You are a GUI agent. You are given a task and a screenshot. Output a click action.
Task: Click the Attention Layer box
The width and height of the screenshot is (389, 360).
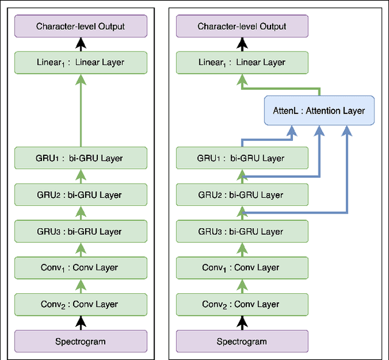pyautogui.click(x=319, y=110)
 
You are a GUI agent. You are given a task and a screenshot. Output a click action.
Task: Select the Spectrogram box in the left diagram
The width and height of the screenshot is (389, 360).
pyautogui.click(x=81, y=341)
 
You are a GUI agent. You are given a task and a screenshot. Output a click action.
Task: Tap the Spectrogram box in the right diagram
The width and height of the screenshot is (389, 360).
pyautogui.click(x=242, y=341)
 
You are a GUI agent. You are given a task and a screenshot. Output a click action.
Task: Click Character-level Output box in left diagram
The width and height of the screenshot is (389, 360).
pyautogui.click(x=81, y=27)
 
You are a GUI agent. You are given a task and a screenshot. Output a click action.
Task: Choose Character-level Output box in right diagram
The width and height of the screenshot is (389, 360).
pyautogui.click(x=242, y=27)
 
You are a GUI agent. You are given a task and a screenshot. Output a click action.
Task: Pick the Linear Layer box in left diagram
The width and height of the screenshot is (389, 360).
pyautogui.click(x=81, y=62)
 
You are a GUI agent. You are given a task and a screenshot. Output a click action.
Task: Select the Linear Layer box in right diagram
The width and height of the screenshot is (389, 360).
pyautogui.click(x=242, y=62)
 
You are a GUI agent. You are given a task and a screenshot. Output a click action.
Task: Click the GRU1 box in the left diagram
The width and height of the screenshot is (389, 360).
pyautogui.click(x=81, y=158)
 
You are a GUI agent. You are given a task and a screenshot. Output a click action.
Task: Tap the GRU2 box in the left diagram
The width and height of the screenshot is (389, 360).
pyautogui.click(x=81, y=195)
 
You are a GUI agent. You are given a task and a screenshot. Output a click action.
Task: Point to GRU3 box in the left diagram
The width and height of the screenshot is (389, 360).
pyautogui.click(x=81, y=231)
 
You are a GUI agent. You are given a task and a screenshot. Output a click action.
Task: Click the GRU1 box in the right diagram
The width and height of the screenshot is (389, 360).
pyautogui.click(x=242, y=158)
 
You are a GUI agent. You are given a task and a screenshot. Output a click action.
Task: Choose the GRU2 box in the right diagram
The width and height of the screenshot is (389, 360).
pyautogui.click(x=242, y=195)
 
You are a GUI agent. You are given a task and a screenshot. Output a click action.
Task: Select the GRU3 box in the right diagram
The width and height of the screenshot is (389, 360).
pyautogui.click(x=242, y=231)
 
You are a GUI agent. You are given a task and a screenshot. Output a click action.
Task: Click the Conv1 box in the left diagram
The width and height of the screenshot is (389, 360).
pyautogui.click(x=81, y=268)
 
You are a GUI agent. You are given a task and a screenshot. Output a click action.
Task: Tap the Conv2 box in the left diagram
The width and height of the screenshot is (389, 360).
pyautogui.click(x=81, y=304)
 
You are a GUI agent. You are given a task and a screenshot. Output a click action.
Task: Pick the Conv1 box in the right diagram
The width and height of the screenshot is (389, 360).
pyautogui.click(x=242, y=268)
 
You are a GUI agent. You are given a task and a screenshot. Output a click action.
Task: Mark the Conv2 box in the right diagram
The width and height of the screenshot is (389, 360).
pyautogui.click(x=242, y=304)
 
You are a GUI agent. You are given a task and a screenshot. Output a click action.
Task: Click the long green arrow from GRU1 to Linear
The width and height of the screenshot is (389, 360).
pyautogui.click(x=81, y=109)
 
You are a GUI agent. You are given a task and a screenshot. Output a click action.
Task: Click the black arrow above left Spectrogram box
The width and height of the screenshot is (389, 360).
pyautogui.click(x=81, y=322)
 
